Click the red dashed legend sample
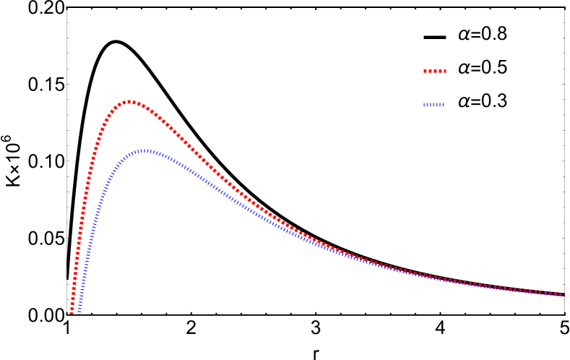(434, 72)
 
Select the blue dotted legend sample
(433, 105)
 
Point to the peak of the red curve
(129, 102)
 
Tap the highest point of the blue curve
(145, 150)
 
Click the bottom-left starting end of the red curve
(72, 312)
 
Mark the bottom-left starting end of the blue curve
(79, 311)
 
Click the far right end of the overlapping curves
(563, 295)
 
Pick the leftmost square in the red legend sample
(425, 72)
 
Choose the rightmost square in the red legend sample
(444, 72)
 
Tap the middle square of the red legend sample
(434, 72)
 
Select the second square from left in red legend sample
(430, 72)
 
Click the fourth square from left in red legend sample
(439, 72)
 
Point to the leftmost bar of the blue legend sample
(425, 105)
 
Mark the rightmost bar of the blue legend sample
(442, 105)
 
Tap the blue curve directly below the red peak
(129, 157)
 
